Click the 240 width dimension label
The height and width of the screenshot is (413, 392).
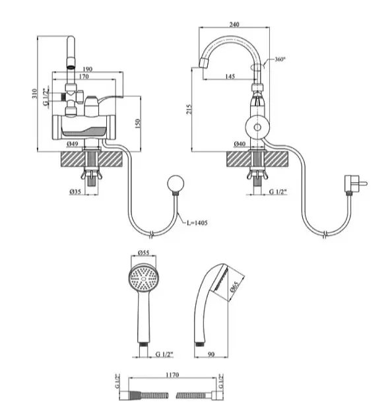point(234,24)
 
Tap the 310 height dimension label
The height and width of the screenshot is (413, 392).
point(34,94)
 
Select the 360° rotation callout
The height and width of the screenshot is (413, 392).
point(280,59)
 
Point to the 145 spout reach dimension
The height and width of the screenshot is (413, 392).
point(230,77)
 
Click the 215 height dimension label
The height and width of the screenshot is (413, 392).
point(189,110)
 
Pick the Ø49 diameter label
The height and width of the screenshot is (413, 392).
point(73,144)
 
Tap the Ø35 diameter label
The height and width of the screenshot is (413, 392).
point(75,191)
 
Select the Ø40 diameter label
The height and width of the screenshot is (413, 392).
point(240,144)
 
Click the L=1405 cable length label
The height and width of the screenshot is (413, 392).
point(197,223)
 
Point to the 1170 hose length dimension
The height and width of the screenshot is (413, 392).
point(172,375)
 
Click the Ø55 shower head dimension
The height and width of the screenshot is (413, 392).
point(144,253)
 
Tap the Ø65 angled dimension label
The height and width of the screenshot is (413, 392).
point(234,286)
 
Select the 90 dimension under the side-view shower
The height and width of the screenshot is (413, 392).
point(211,354)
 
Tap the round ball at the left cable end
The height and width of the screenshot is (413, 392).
point(176,183)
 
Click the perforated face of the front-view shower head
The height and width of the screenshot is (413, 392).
point(144,279)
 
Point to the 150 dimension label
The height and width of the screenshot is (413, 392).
point(138,124)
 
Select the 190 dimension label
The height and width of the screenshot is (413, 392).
point(88,69)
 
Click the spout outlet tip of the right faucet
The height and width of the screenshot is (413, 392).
point(203,64)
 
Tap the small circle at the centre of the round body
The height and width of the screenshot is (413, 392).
point(257,127)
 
